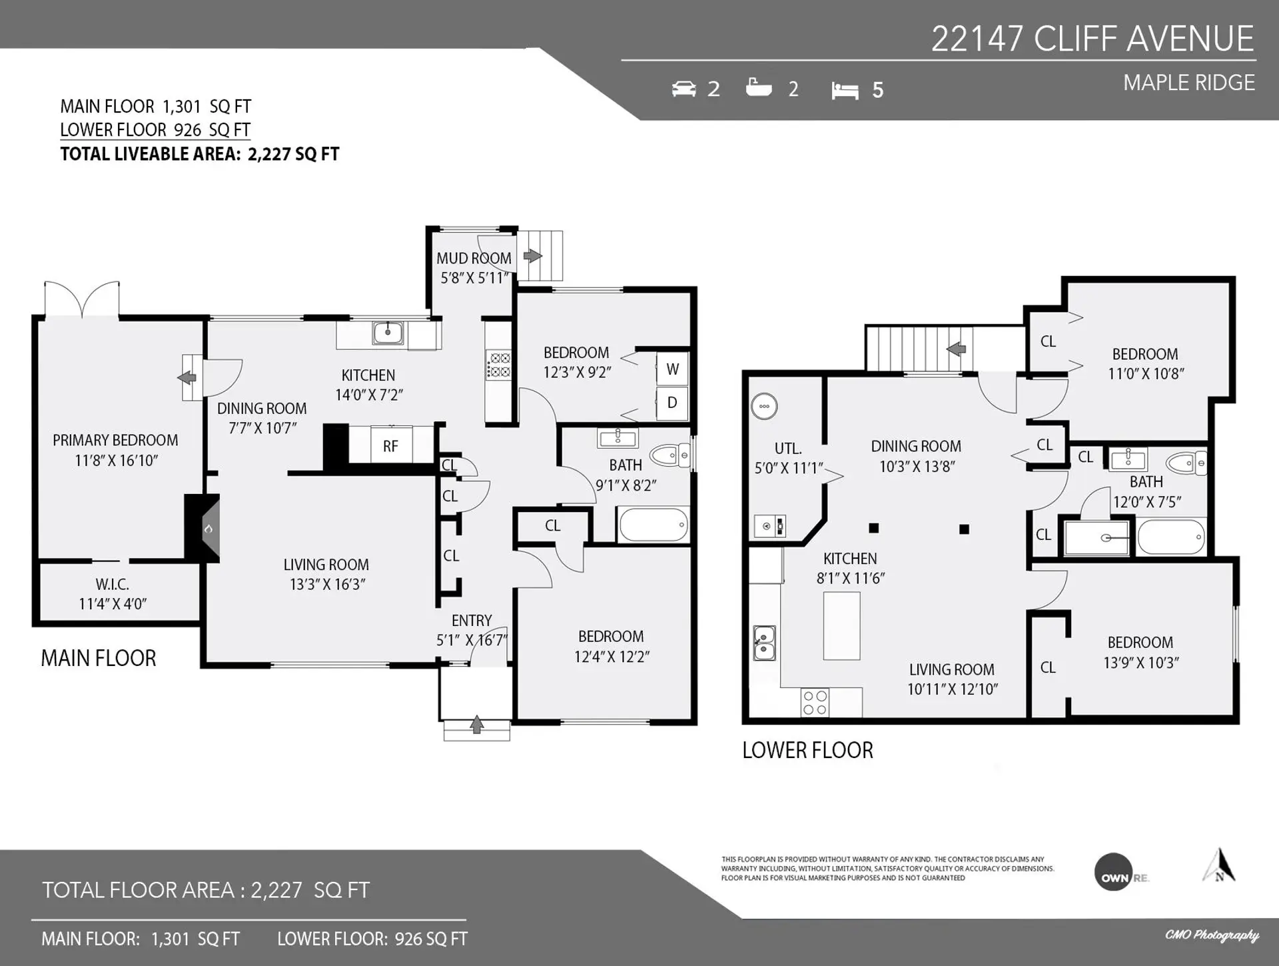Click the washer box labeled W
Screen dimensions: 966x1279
(672, 369)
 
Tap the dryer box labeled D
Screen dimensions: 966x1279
(672, 403)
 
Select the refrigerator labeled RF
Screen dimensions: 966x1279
(390, 446)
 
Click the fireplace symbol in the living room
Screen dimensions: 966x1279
(209, 529)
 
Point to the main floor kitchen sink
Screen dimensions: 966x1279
(388, 332)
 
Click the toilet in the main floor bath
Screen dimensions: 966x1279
(670, 455)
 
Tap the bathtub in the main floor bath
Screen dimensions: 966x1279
(653, 525)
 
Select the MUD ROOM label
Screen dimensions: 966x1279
(474, 259)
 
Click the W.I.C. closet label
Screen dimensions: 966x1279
(112, 585)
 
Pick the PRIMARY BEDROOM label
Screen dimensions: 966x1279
(115, 441)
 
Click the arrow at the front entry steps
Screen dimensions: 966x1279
(476, 725)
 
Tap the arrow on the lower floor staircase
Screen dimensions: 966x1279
(957, 349)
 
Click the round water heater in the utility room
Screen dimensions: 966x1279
(764, 406)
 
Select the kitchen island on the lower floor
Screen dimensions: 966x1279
(841, 625)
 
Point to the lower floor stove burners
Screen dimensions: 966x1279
(815, 703)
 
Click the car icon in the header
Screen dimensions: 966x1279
(684, 89)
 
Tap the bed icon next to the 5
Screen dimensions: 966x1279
(845, 90)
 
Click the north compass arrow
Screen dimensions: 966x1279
(1219, 865)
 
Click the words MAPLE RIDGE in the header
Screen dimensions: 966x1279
(1188, 83)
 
